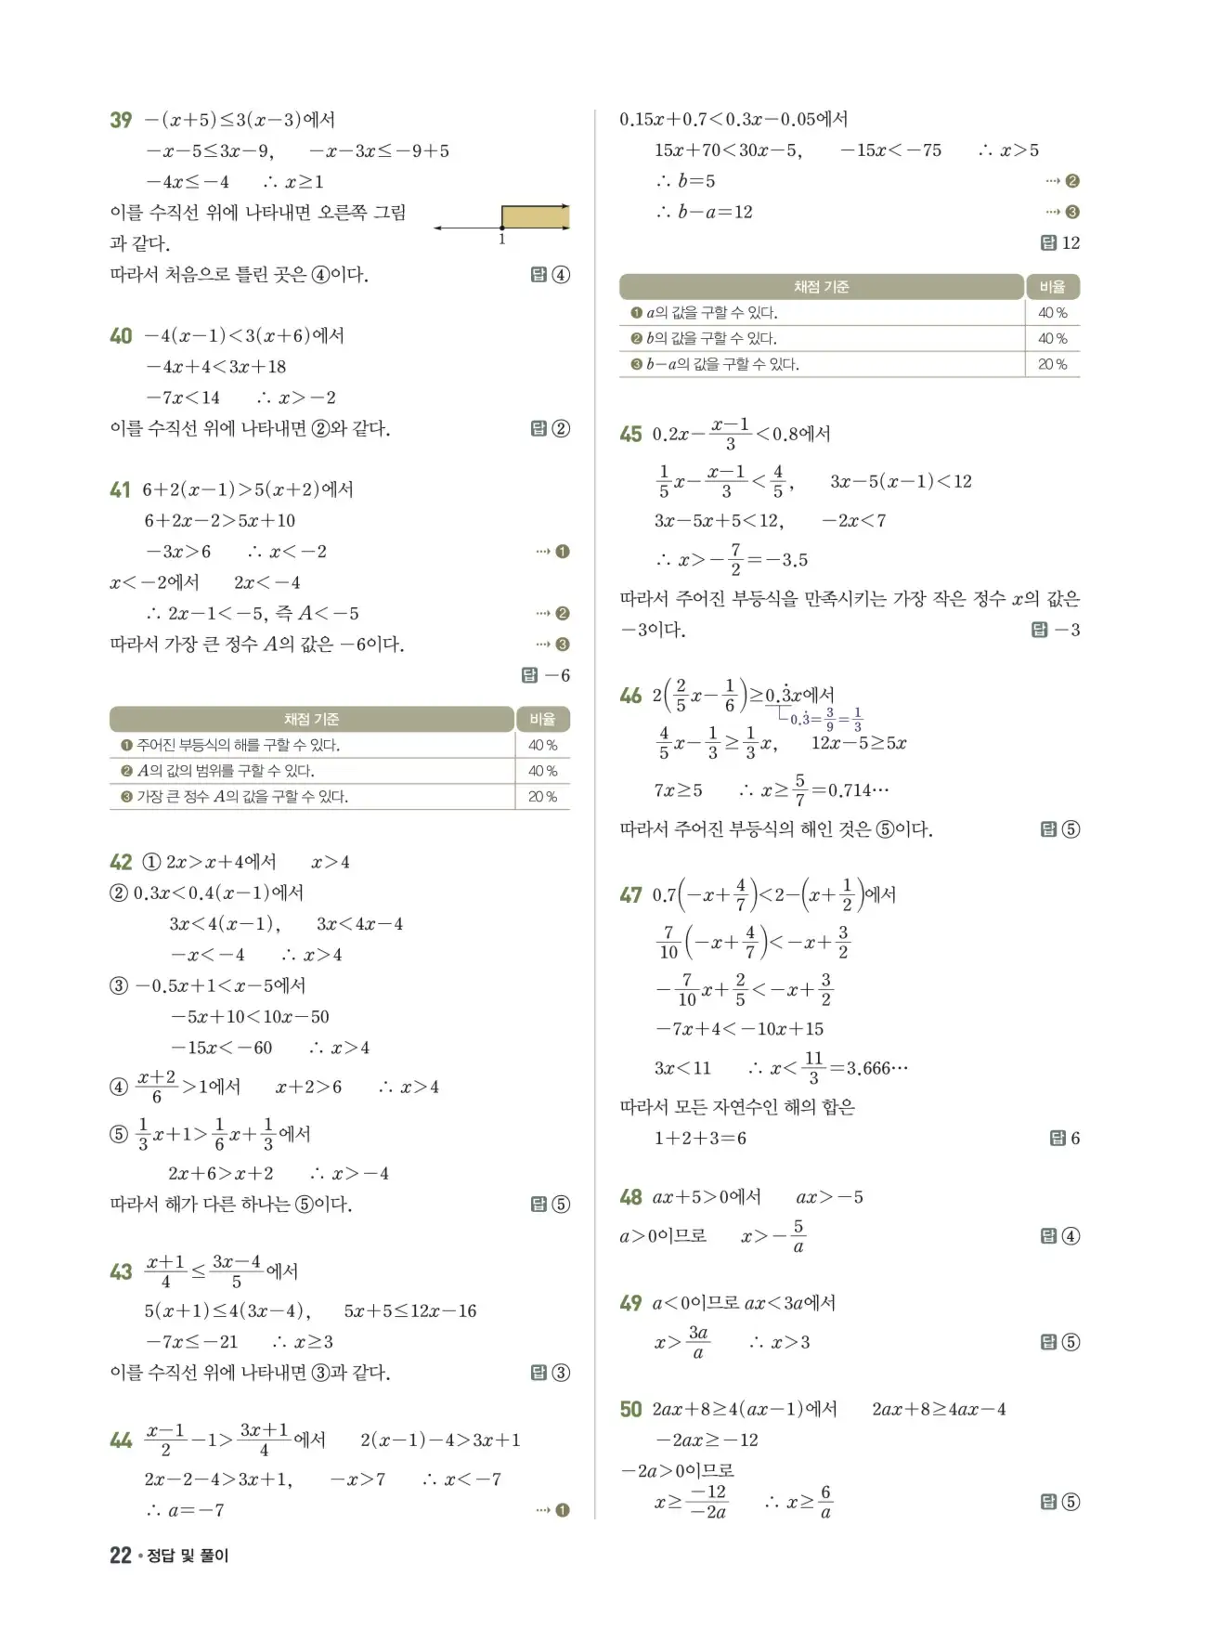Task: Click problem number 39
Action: (x=121, y=121)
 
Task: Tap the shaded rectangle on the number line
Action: (x=535, y=217)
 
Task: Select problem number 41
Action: (x=121, y=490)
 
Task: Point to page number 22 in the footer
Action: (x=121, y=1556)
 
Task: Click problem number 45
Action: (x=630, y=435)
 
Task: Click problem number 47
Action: (x=630, y=895)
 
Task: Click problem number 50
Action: (x=630, y=1410)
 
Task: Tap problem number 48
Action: (x=630, y=1198)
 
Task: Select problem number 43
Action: (x=121, y=1272)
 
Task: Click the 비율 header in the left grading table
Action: (x=542, y=720)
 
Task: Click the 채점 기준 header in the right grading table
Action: (x=821, y=287)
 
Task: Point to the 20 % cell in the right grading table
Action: (x=1052, y=365)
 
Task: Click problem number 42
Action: (x=121, y=863)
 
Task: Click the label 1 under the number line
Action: (x=502, y=240)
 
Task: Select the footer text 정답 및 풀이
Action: (x=188, y=1556)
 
